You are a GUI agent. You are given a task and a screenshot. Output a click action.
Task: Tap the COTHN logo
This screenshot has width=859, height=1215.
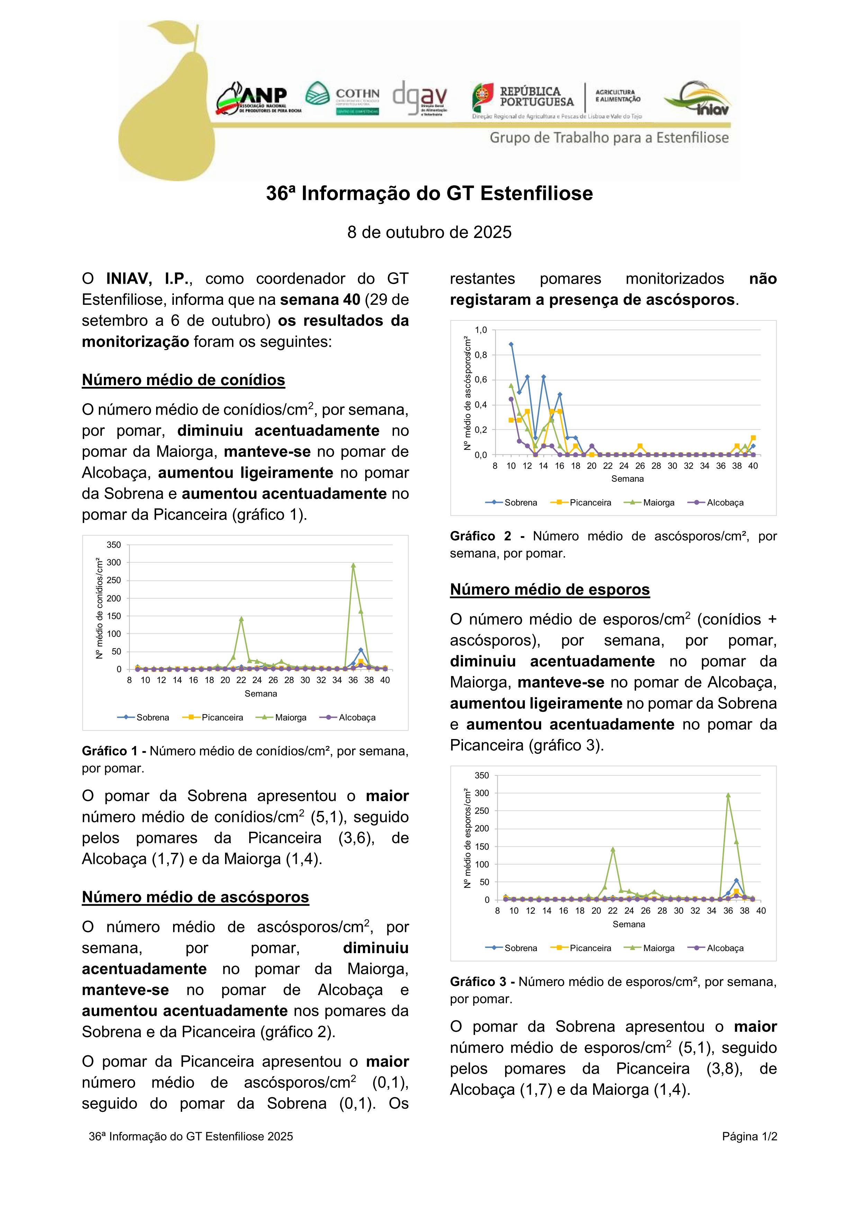click(342, 98)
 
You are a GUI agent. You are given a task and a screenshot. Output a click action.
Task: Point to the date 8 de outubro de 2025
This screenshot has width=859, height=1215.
click(429, 232)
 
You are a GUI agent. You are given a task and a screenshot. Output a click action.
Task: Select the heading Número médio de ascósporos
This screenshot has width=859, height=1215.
click(195, 897)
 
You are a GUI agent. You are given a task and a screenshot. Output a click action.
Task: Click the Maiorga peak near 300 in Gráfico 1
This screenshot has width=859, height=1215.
click(353, 565)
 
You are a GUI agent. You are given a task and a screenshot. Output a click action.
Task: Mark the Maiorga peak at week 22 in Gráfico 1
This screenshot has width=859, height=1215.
click(241, 619)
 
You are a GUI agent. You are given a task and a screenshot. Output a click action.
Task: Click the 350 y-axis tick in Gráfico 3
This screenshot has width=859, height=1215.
click(482, 776)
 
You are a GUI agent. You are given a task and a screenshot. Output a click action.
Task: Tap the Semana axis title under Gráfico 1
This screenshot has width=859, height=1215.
click(261, 694)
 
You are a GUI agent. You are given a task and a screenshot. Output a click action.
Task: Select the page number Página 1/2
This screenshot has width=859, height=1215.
click(749, 1137)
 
